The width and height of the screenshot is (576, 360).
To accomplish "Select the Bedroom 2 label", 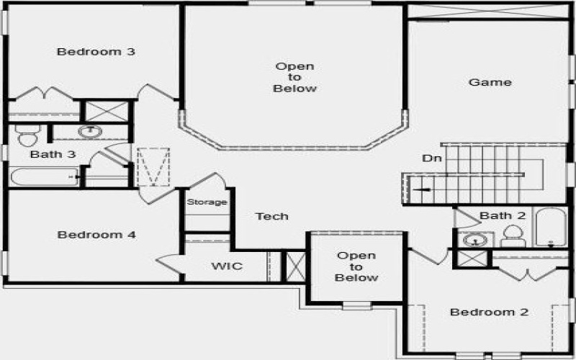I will pyautogui.click(x=490, y=312).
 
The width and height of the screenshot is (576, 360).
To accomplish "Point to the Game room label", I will pyautogui.click(x=490, y=82).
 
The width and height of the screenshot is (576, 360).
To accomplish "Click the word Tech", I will pyautogui.click(x=272, y=216).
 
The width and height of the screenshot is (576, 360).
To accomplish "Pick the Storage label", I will pyautogui.click(x=207, y=202).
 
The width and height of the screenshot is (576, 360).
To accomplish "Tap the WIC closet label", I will pyautogui.click(x=227, y=266).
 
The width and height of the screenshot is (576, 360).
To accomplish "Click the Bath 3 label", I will pyautogui.click(x=53, y=155).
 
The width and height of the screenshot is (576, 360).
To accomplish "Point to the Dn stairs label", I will pyautogui.click(x=431, y=158).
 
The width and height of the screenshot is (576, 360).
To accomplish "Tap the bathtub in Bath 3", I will pyautogui.click(x=43, y=176).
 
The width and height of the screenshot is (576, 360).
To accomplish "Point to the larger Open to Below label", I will pyautogui.click(x=294, y=78).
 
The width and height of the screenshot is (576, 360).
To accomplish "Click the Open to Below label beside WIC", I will pyautogui.click(x=356, y=266).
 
